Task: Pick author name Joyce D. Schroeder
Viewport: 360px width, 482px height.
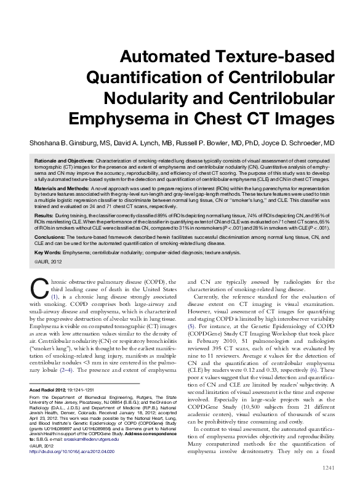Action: [305, 143]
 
